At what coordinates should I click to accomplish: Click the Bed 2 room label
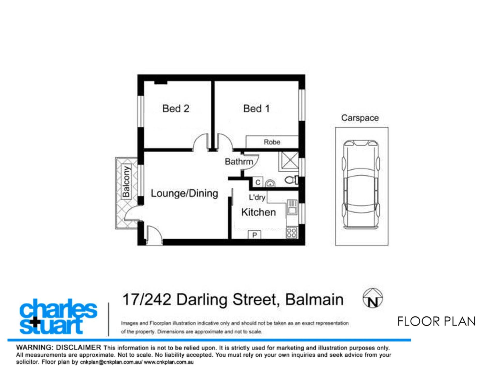176,108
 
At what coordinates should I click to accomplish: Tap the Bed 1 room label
256,108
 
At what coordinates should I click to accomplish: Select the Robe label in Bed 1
272,142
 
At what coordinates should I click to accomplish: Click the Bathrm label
239,162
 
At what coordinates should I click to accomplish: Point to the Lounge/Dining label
184,193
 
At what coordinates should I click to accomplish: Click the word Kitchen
258,212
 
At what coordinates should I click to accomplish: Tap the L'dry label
257,197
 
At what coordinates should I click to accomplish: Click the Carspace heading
360,118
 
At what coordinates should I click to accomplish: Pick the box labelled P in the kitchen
255,235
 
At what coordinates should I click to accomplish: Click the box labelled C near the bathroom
258,182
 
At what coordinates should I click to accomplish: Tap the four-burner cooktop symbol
292,233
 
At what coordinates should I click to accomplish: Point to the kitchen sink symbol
292,207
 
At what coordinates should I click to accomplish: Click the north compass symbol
372,298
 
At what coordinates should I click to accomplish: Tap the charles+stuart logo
58,316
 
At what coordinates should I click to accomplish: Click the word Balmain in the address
314,300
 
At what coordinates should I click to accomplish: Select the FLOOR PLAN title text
436,321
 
